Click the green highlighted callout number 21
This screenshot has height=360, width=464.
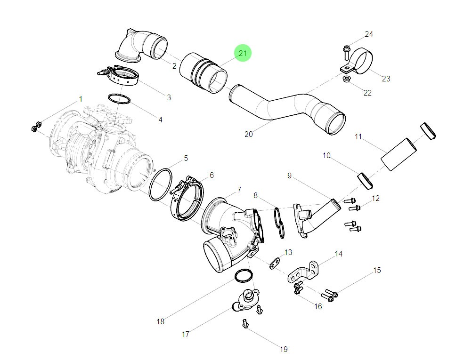tap(243, 53)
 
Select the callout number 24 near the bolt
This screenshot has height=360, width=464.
tap(368, 34)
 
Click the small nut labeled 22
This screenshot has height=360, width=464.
tap(346, 78)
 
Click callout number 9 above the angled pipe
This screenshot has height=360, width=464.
tap(290, 176)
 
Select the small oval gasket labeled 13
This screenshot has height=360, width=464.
tap(275, 264)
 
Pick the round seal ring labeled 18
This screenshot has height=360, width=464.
tap(243, 276)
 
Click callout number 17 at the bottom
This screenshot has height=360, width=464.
tap(186, 334)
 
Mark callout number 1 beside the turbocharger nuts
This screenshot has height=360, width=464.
tap(81, 99)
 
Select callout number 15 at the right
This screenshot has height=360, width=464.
tap(377, 271)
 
